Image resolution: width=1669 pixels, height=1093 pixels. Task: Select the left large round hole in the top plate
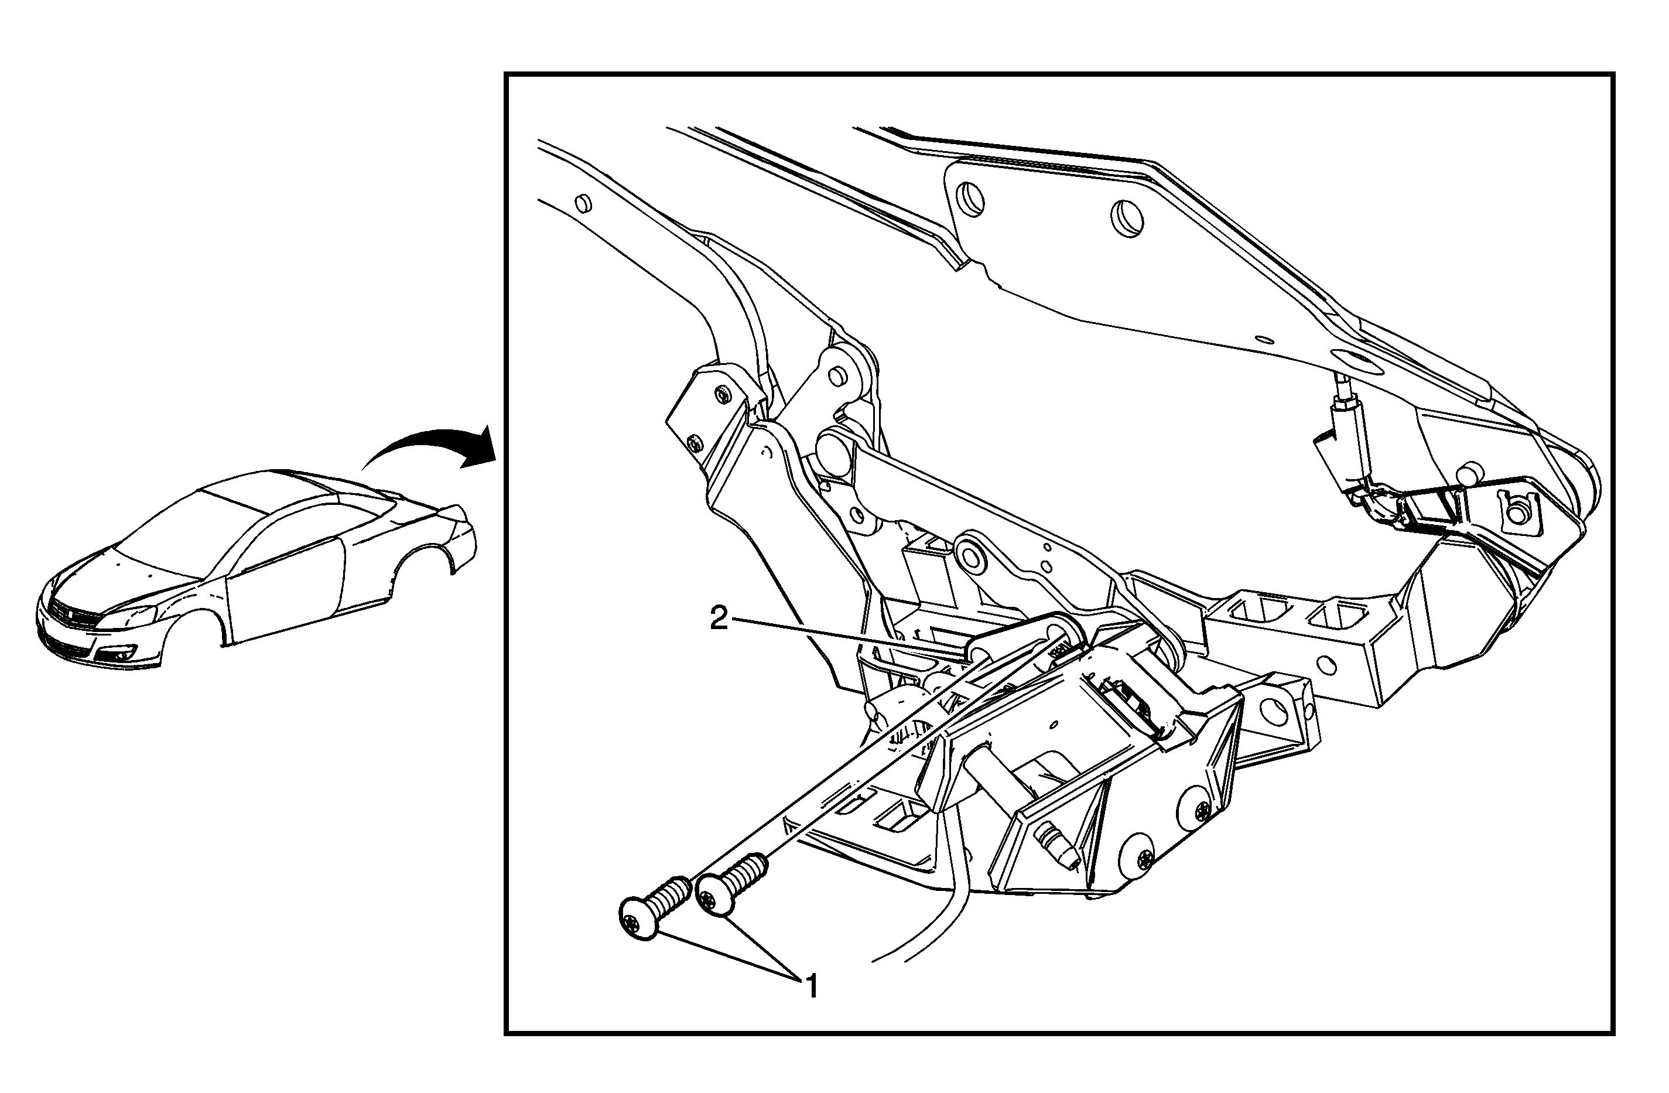point(970,198)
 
